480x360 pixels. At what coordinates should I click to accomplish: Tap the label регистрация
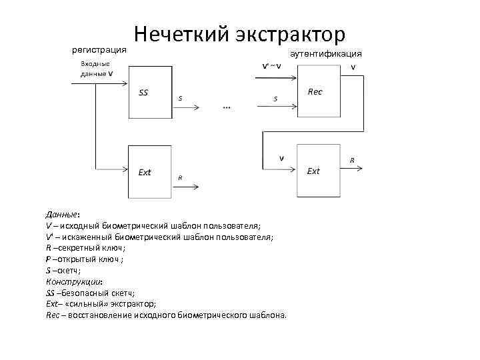tap(99, 49)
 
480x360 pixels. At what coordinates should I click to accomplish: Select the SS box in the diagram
tap(151, 93)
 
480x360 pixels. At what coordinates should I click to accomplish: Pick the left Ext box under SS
tap(151, 172)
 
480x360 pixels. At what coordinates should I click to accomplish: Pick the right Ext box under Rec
tap(319, 171)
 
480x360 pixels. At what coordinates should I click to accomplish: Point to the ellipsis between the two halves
tap(227, 107)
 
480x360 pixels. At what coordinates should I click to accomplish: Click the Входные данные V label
tap(96, 69)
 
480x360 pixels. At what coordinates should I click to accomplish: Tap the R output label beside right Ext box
tap(352, 160)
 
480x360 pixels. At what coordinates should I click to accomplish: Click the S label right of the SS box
tap(180, 99)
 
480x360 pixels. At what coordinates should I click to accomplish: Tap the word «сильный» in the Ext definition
tap(90, 304)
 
